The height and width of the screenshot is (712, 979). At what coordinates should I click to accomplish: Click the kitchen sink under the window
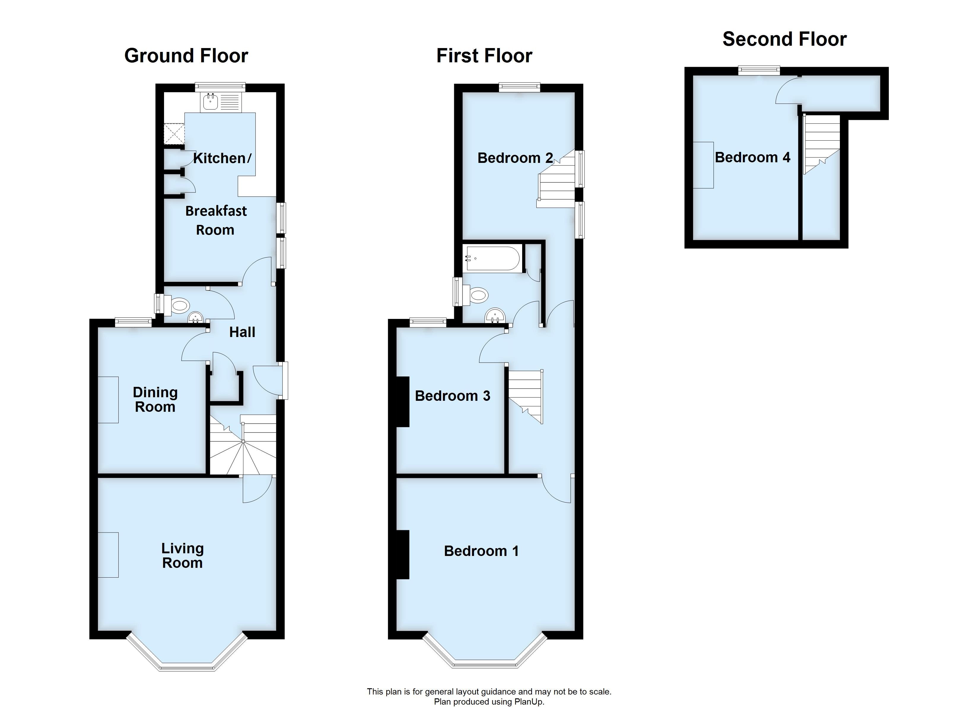tap(211, 102)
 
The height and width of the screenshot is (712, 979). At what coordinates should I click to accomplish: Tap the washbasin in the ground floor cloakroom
tap(195, 317)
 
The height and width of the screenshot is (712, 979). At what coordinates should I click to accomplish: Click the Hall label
tap(242, 332)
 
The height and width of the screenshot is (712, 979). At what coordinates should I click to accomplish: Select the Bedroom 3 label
tap(452, 396)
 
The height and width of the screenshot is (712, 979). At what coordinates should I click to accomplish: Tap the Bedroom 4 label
tap(752, 157)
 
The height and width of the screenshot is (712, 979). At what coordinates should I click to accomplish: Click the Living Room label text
tap(182, 556)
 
